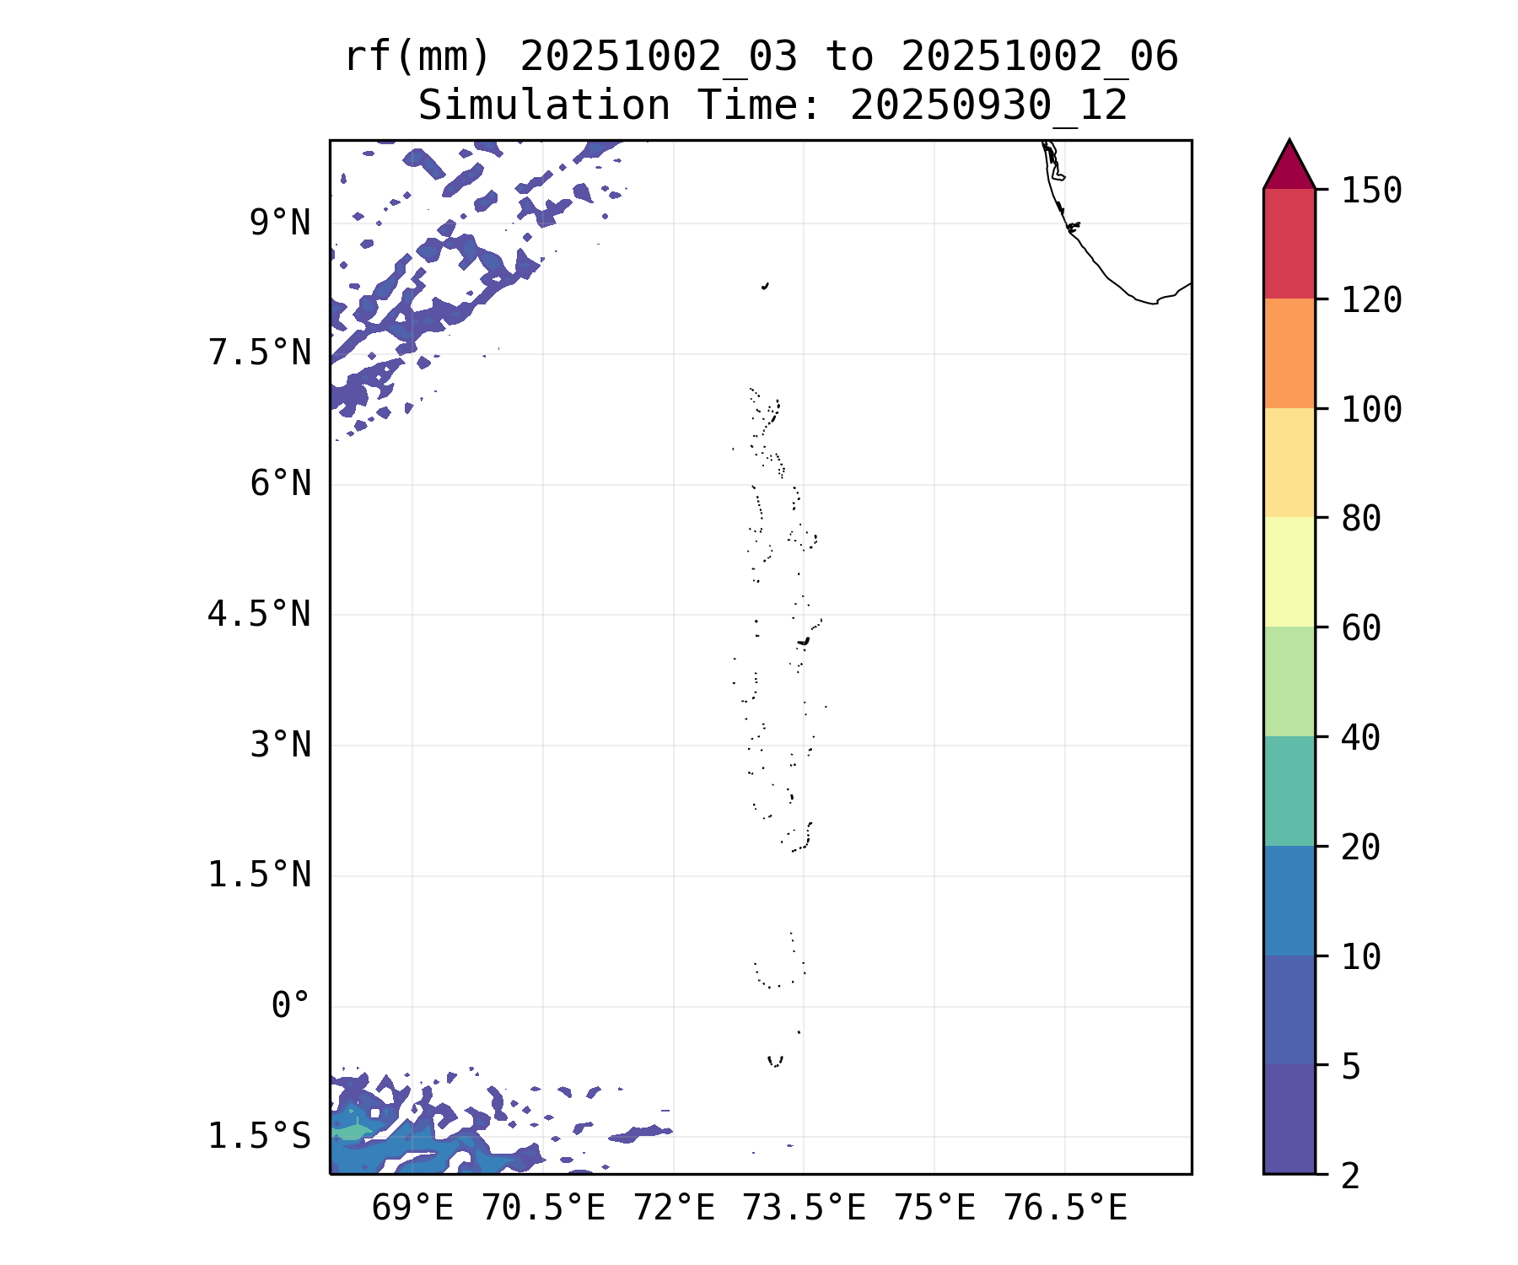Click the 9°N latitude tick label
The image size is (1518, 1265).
click(280, 223)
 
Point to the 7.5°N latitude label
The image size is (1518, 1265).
click(260, 353)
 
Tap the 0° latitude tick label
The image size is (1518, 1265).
click(291, 1005)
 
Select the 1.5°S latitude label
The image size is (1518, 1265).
click(260, 1136)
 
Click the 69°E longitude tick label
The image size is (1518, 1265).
click(412, 1208)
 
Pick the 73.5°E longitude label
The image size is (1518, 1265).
click(804, 1208)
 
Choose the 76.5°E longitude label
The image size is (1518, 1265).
click(1065, 1208)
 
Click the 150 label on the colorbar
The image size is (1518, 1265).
click(1372, 191)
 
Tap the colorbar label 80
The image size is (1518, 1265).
click(1361, 519)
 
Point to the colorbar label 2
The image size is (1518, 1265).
click(1351, 1175)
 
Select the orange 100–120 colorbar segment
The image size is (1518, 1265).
click(1289, 353)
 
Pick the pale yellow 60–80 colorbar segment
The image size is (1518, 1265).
click(1289, 572)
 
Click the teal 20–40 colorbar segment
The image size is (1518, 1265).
click(1289, 790)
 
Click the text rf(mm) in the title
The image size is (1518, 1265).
click(417, 57)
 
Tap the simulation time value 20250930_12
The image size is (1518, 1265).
click(988, 106)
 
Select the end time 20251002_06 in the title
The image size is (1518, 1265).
click(1039, 57)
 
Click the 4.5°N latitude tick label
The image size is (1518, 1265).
click(260, 614)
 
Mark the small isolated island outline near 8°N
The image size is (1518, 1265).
click(765, 286)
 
